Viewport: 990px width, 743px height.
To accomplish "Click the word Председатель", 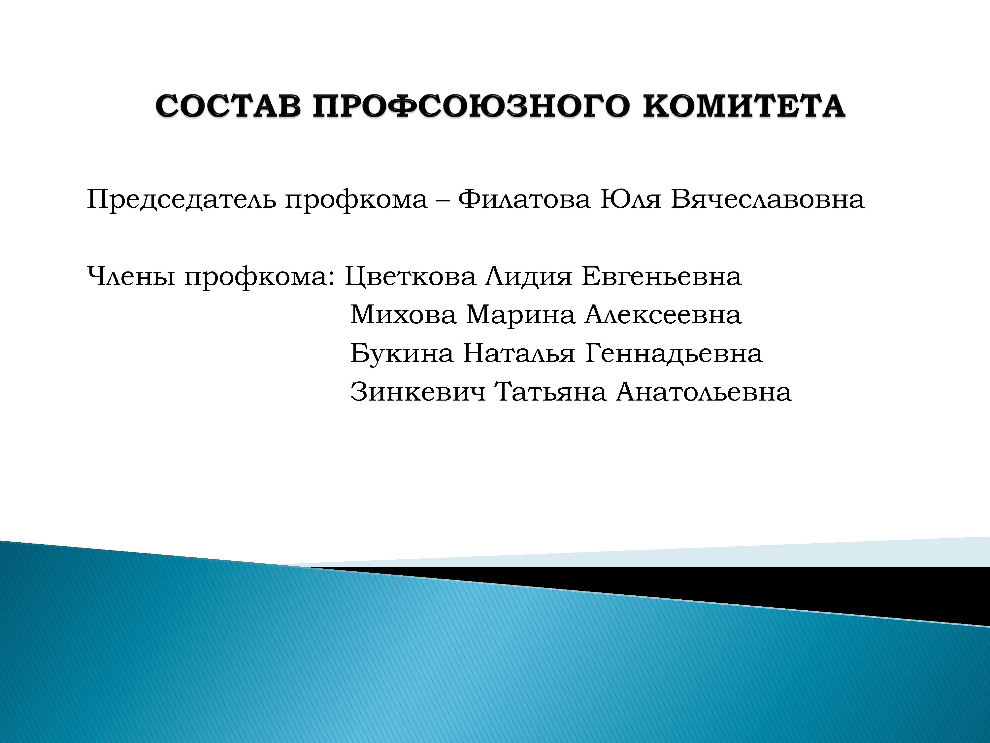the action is [181, 200].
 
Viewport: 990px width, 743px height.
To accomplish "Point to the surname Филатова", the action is [524, 199].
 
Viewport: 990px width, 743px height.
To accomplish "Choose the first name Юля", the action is [631, 199].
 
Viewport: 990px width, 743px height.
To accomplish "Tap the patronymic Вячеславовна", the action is [768, 199].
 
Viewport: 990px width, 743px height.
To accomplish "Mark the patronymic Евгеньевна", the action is [662, 276].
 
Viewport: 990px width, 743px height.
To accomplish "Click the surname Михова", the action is [403, 314].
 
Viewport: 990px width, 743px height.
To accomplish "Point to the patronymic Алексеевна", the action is [663, 314].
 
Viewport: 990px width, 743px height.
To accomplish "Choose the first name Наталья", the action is [519, 353].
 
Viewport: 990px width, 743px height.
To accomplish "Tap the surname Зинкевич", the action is [417, 392].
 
